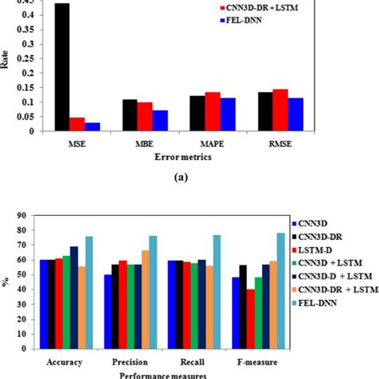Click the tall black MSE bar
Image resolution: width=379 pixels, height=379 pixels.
(62, 67)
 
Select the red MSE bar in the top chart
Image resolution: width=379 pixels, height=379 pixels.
(77, 125)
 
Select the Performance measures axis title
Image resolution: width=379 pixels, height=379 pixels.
(160, 374)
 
